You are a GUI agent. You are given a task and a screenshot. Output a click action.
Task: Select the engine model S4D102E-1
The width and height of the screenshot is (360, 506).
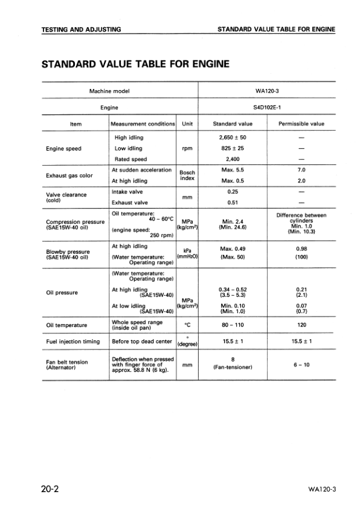click(266, 108)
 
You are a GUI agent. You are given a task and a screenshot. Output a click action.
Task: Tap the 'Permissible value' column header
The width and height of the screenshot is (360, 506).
click(301, 125)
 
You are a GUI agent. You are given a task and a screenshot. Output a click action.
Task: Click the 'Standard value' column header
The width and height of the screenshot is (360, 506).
click(233, 125)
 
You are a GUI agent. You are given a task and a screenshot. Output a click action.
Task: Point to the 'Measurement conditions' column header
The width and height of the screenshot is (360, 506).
click(143, 125)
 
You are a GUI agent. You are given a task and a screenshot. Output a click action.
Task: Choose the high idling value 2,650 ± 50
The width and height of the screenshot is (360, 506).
click(233, 138)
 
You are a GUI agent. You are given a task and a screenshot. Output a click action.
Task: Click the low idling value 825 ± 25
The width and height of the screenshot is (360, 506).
click(233, 148)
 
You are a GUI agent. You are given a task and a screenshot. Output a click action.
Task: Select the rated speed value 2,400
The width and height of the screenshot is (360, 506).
click(233, 159)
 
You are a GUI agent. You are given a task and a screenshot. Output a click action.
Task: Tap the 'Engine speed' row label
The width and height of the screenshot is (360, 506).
click(64, 148)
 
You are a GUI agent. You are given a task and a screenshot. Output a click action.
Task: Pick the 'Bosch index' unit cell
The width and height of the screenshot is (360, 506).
click(187, 175)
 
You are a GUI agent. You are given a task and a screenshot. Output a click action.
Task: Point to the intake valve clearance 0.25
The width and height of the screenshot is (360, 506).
click(233, 192)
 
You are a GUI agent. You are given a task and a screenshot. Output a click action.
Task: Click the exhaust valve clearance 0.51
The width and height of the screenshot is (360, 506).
click(233, 203)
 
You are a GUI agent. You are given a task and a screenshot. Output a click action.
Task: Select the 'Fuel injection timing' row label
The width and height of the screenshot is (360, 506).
click(73, 342)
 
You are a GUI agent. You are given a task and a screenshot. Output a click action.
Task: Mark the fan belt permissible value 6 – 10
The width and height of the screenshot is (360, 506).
click(301, 365)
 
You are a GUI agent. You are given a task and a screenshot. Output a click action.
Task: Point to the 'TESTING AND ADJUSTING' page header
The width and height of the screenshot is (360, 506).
click(81, 29)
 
